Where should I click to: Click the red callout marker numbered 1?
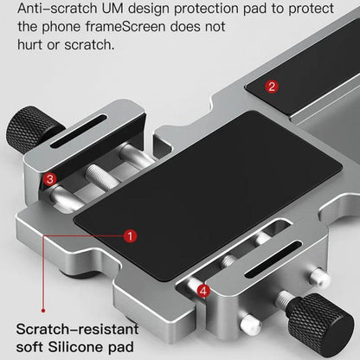pos(130,235)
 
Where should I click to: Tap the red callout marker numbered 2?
pos(271,86)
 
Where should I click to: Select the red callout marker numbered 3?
pos(51,179)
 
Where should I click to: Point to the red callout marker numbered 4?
pos(203,291)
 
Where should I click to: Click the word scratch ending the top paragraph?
pos(83,43)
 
